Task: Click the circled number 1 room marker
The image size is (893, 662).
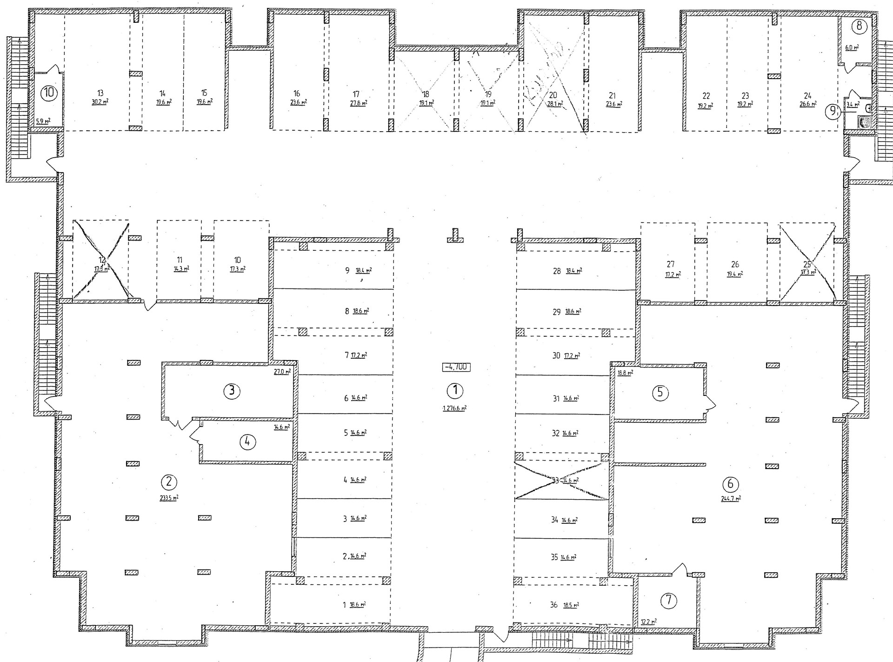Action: [x=455, y=390]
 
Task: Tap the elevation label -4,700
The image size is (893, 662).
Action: [x=456, y=367]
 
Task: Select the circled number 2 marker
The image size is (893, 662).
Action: [x=168, y=481]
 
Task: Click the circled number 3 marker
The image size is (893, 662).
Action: [x=232, y=391]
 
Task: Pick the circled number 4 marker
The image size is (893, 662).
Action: [x=247, y=442]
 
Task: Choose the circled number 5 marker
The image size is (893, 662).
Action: [x=660, y=393]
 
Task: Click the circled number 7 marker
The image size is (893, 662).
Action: [x=669, y=600]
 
